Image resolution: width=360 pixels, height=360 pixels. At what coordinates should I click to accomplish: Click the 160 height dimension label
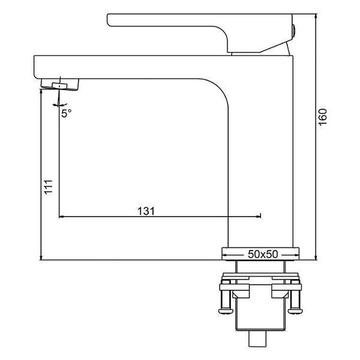[323, 117]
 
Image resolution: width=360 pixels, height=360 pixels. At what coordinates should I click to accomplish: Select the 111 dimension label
[49, 188]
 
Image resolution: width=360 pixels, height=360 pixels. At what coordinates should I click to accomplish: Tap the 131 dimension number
[146, 211]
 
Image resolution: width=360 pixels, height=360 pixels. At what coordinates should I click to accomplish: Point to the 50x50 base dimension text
[263, 254]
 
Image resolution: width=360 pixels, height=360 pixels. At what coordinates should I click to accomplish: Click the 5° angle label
[67, 113]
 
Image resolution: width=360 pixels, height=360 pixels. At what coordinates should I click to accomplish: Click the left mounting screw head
[226, 311]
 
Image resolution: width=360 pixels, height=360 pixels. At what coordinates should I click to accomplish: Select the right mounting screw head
[295, 311]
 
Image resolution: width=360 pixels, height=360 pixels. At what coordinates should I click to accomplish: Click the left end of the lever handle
[107, 20]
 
